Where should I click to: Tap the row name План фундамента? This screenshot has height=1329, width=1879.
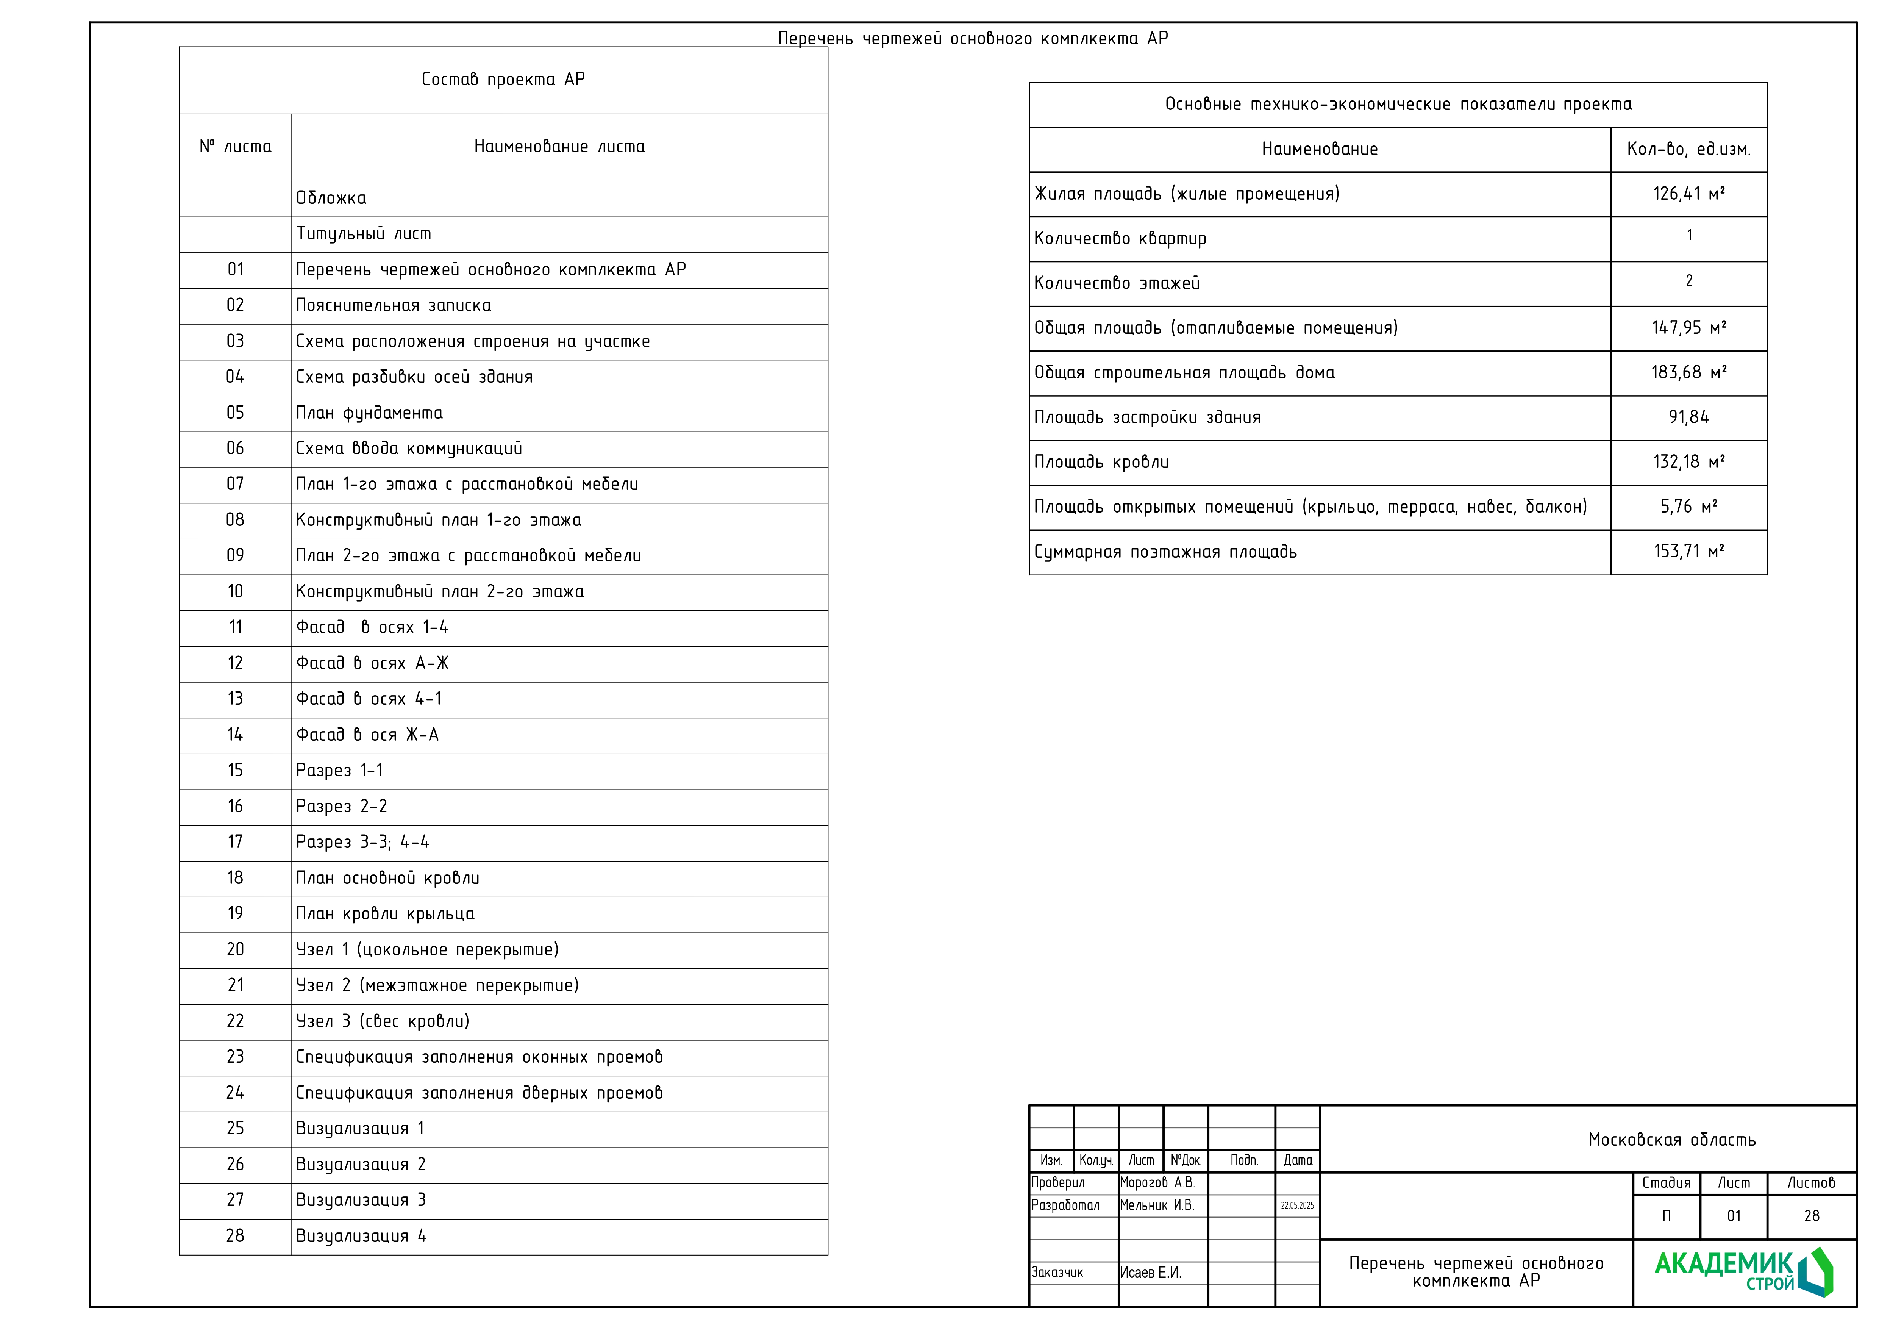click(x=369, y=413)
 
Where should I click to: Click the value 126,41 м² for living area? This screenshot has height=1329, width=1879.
click(x=1688, y=194)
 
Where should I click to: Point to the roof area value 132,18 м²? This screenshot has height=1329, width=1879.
click(x=1688, y=462)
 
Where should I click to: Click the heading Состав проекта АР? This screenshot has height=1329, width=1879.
click(x=503, y=80)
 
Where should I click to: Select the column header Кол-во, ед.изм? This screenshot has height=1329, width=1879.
click(x=1688, y=149)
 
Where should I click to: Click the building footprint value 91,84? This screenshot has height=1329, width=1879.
click(x=1688, y=417)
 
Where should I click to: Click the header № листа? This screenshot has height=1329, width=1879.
click(x=235, y=147)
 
